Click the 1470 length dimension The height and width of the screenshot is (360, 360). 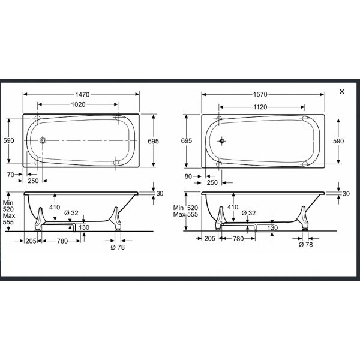(x=82, y=94)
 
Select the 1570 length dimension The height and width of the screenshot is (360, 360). (x=260, y=94)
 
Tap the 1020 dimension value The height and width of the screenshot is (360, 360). (x=78, y=104)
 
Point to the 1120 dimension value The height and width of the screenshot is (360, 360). (x=260, y=107)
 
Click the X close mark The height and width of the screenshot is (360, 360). (x=342, y=92)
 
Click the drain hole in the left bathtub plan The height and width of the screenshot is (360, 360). (x=43, y=140)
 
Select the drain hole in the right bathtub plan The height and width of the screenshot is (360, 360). (x=222, y=141)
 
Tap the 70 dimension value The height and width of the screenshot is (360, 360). (x=11, y=175)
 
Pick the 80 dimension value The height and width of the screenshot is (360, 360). (x=188, y=176)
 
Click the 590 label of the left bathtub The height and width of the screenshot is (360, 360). (x=8, y=140)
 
